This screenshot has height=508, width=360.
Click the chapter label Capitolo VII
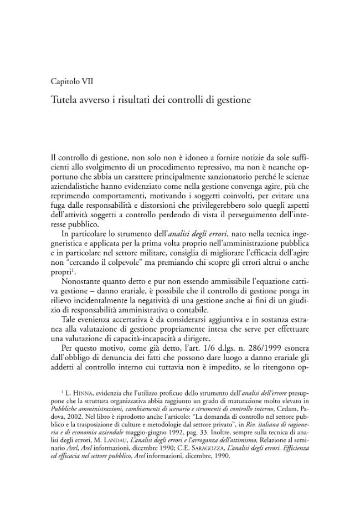71,81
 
